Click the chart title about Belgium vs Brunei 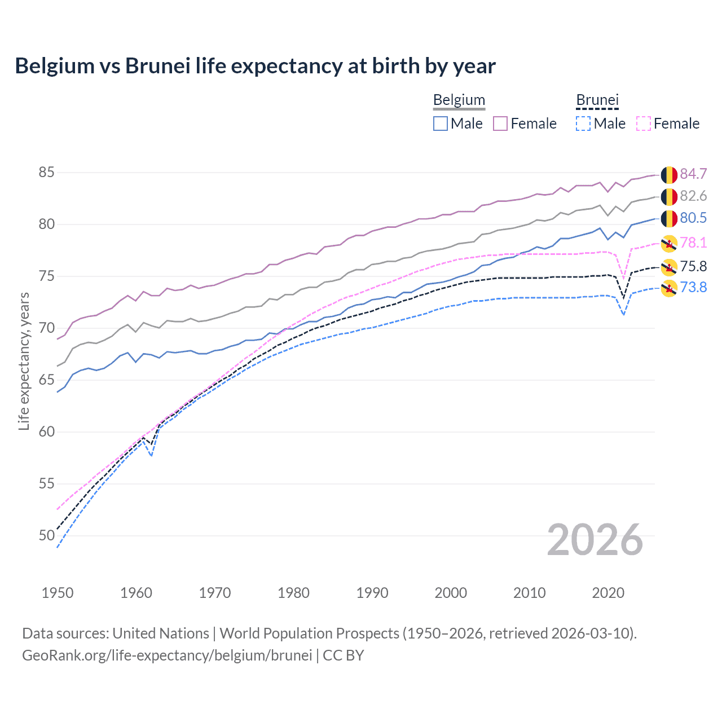255,66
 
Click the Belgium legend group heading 459,100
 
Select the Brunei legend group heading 597,100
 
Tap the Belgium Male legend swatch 441,124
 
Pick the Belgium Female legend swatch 500,124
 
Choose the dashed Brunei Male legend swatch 583,124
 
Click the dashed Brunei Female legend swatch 644,124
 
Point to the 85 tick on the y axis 46,172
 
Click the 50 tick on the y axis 46,535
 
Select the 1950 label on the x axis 58,593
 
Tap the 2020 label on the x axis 608,593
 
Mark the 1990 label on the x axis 372,593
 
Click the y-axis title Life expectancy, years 24,361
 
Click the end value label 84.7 693,174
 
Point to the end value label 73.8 693,288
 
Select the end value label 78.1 693,243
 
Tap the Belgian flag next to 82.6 669,197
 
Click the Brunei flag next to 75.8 669,267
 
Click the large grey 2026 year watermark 595,540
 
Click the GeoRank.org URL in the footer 167,655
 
